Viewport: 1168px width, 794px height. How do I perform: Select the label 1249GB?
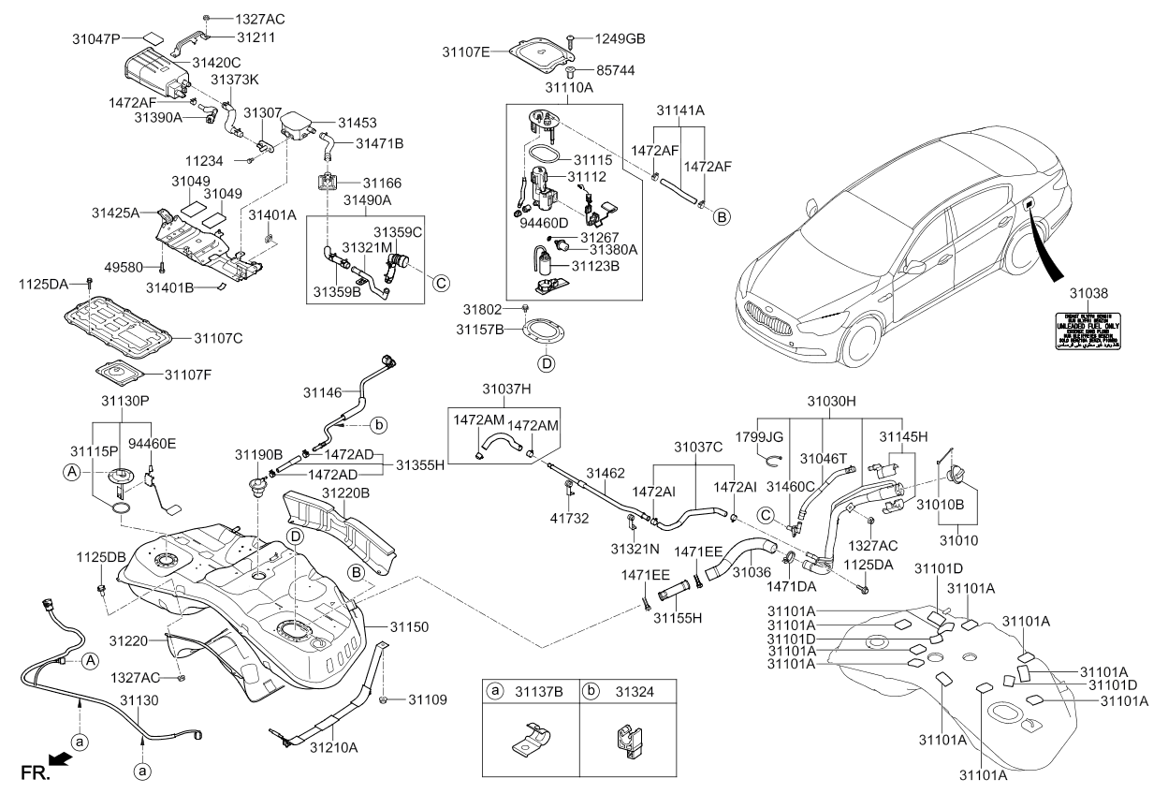pyautogui.click(x=620, y=38)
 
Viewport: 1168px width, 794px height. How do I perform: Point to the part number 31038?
pyautogui.click(x=1092, y=293)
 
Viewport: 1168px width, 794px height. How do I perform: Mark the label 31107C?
pyautogui.click(x=219, y=337)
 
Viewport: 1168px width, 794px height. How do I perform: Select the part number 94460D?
pyautogui.click(x=542, y=224)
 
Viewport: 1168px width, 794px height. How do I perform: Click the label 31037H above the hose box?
pyautogui.click(x=507, y=389)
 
